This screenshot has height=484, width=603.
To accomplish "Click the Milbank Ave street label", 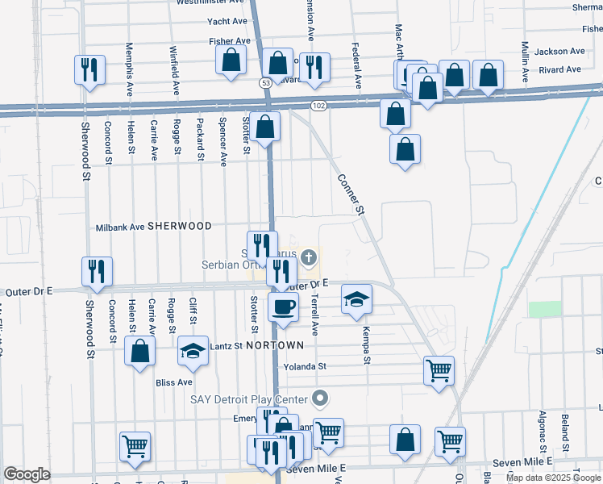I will pyautogui.click(x=120, y=227).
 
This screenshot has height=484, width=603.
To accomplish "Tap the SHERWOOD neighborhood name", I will pyautogui.click(x=179, y=227).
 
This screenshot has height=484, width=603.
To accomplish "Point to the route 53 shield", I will pyautogui.click(x=265, y=83).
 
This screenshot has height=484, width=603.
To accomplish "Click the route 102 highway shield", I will pyautogui.click(x=318, y=105).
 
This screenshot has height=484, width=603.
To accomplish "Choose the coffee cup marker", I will pyautogui.click(x=284, y=307).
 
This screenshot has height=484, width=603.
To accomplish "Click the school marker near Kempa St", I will pyautogui.click(x=356, y=300).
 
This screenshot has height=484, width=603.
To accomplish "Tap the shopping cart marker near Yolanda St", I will pyautogui.click(x=439, y=371).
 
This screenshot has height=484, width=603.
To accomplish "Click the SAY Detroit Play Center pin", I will pyautogui.click(x=321, y=398).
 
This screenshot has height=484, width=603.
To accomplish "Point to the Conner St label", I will pyautogui.click(x=351, y=194).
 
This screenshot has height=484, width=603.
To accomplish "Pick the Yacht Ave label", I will pyautogui.click(x=227, y=22).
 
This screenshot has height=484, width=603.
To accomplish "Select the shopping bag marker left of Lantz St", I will pyautogui.click(x=140, y=352).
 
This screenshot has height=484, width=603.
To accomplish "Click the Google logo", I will pyautogui.click(x=27, y=474).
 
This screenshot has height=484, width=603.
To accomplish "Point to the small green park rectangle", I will pyautogui.click(x=544, y=309).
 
